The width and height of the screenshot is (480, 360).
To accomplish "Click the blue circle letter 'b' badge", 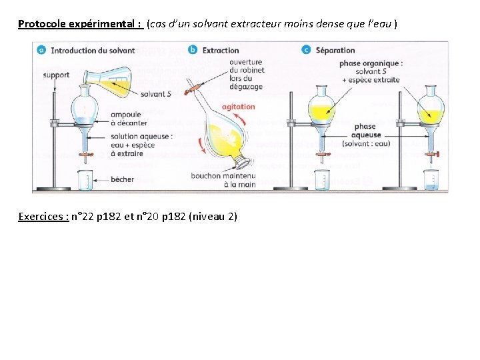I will (x=193, y=50).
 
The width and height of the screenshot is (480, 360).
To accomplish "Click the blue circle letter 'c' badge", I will (x=306, y=50).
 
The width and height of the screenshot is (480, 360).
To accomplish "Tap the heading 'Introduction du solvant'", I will (x=93, y=50).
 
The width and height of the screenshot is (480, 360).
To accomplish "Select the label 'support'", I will (x=56, y=75).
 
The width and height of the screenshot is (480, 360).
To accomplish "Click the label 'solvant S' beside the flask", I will (x=156, y=94).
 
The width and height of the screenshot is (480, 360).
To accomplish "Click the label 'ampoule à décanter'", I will (x=126, y=119).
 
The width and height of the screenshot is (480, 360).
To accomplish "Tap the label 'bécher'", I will (x=122, y=179).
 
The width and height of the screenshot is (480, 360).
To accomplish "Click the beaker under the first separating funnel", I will (x=85, y=180).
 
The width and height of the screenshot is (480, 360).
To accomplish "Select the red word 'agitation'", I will (x=238, y=107).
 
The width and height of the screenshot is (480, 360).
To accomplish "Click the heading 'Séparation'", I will (x=335, y=50).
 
